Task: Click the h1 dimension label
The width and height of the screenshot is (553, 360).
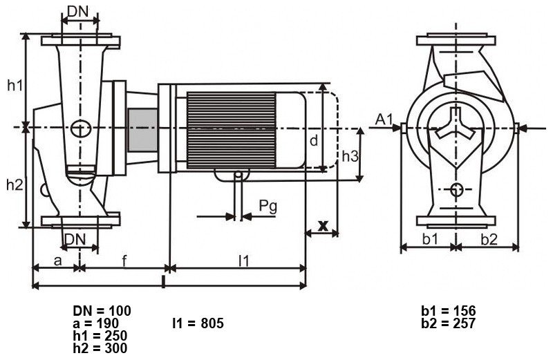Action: (x=15, y=85)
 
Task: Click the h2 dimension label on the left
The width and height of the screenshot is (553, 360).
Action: (x=15, y=184)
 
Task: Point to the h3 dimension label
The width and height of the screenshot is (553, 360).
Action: (x=350, y=156)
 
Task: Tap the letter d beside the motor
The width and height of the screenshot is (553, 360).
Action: (x=314, y=140)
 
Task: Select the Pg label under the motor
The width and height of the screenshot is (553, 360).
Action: (x=268, y=207)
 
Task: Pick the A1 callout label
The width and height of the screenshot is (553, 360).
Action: (x=384, y=120)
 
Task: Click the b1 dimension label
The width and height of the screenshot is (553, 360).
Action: (x=430, y=239)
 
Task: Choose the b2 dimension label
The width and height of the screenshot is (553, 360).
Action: (x=489, y=239)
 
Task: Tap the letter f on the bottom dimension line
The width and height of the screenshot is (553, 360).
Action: (x=124, y=261)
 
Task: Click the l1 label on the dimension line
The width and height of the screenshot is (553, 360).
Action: (x=244, y=261)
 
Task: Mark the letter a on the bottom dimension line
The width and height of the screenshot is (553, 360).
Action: (x=58, y=261)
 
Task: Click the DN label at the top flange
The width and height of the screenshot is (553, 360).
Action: (x=78, y=12)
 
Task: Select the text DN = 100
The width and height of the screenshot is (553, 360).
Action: (x=102, y=311)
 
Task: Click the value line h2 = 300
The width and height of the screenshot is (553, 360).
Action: (x=100, y=348)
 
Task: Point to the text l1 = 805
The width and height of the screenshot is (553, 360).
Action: (x=198, y=323)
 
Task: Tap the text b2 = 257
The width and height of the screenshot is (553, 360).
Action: (x=448, y=323)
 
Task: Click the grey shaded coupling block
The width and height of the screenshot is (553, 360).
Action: (x=143, y=130)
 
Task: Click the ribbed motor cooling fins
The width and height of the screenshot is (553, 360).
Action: (x=232, y=130)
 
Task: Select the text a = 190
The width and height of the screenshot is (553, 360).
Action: (x=96, y=323)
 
